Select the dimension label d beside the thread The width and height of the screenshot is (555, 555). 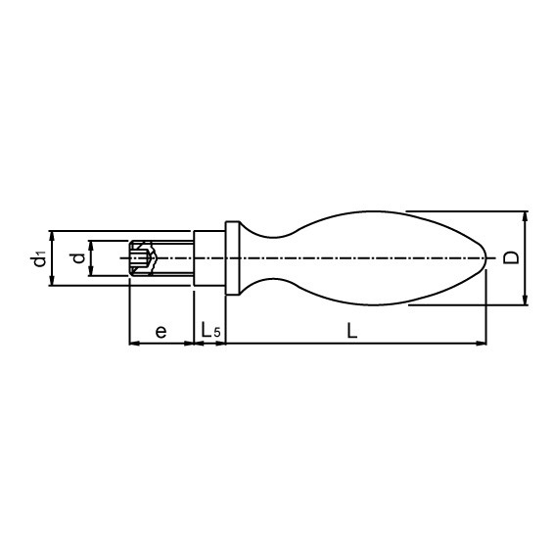pos(75,258)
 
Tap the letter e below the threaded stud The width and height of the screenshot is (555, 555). pos(161,332)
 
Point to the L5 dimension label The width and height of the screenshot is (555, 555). pos(210,332)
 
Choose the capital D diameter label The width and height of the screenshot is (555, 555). pos(510,258)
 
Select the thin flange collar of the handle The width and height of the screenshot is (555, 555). pos(232,258)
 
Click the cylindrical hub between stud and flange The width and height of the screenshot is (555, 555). pos(209,258)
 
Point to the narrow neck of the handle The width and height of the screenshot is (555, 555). pos(264,258)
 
